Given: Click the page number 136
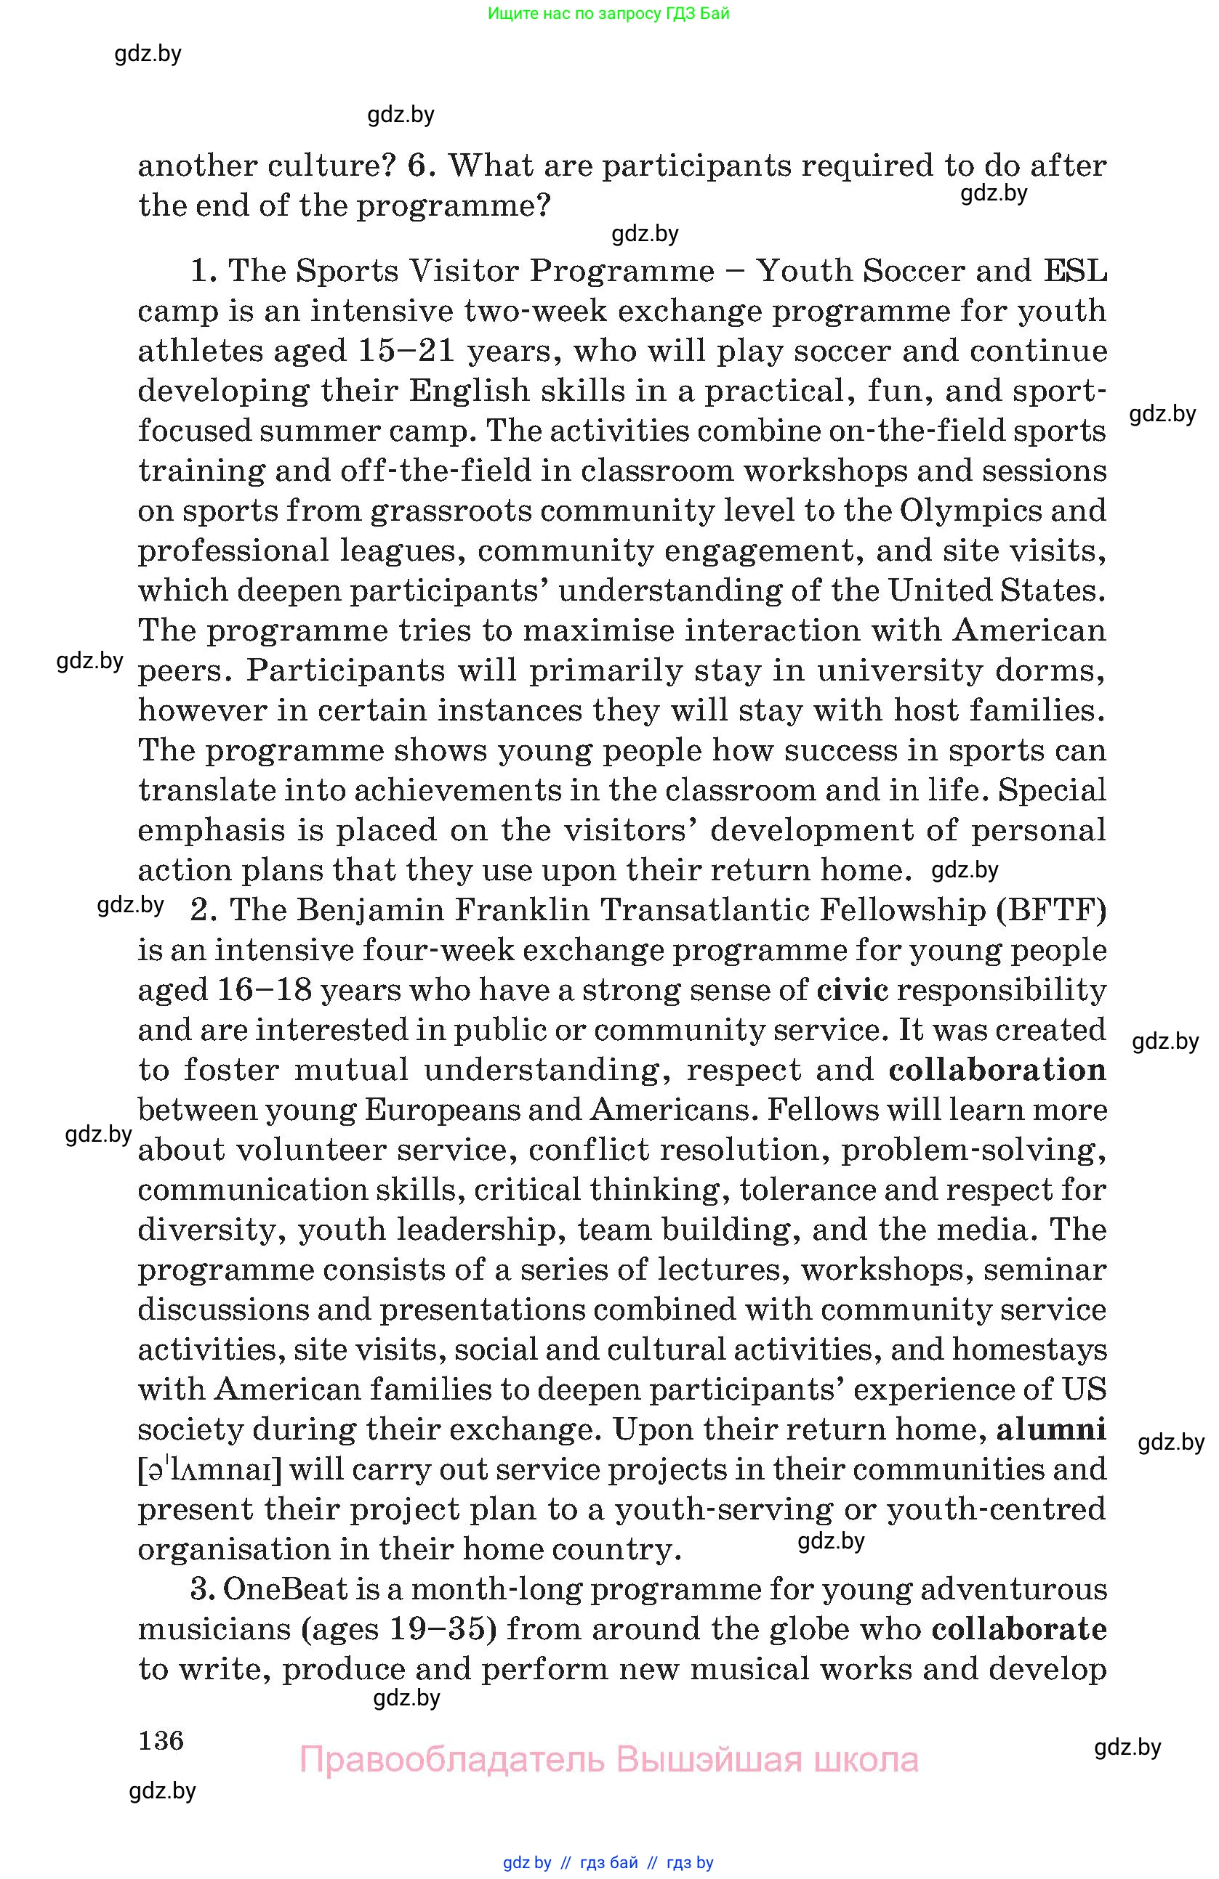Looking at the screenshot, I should pos(161,1740).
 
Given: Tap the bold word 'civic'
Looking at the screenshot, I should pos(853,989).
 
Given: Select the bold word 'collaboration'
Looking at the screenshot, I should pos(997,1069).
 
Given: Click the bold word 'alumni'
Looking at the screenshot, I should pos(1051,1429).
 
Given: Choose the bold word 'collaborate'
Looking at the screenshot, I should pos(1019,1628).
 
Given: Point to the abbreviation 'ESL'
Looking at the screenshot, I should pos(1075,271).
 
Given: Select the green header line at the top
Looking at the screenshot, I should pos(608,13).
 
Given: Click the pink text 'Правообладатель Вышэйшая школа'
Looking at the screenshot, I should pos(608,1759).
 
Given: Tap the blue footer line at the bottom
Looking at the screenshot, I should pos(608,1862).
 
